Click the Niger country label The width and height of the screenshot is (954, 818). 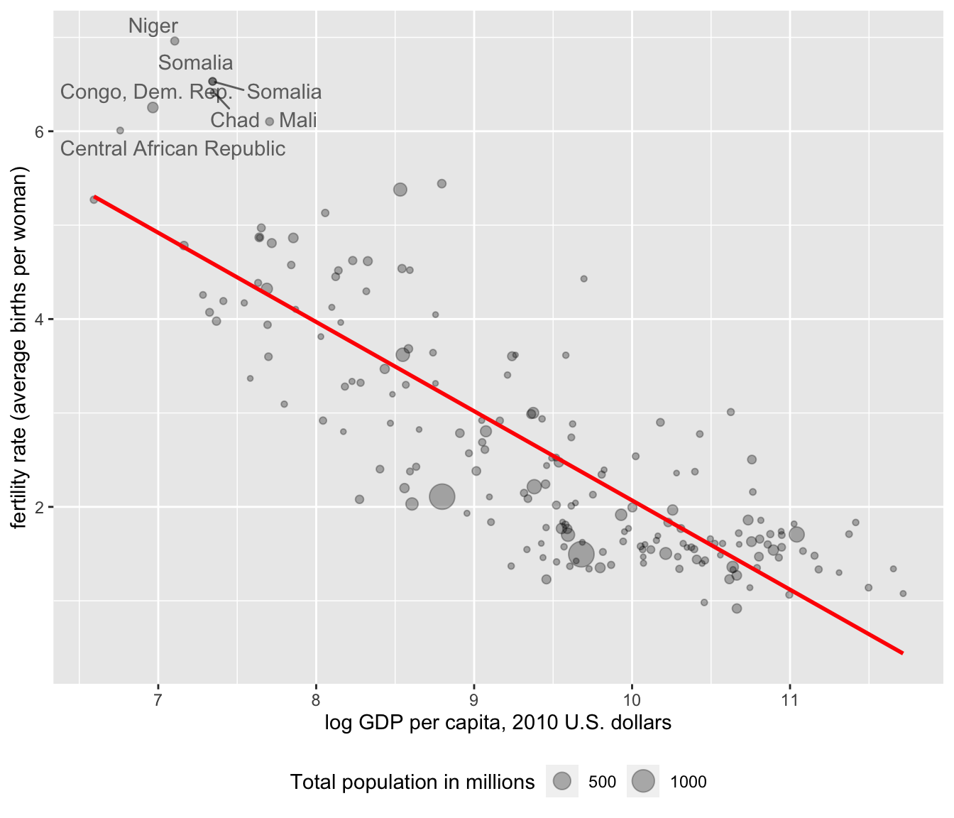pyautogui.click(x=153, y=26)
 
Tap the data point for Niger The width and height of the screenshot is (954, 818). pyautogui.click(x=175, y=41)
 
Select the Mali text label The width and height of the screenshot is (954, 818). pyautogui.click(x=298, y=121)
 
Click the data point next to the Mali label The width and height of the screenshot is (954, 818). pyautogui.click(x=270, y=122)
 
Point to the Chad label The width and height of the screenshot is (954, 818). pyautogui.click(x=235, y=121)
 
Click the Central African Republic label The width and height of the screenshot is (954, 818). pyautogui.click(x=172, y=149)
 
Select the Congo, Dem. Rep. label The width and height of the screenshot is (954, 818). pyautogui.click(x=146, y=92)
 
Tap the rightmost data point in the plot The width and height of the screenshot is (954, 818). pyautogui.click(x=903, y=594)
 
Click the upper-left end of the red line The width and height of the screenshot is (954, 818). pyautogui.click(x=94, y=197)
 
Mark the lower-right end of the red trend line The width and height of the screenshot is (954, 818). pyautogui.click(x=902, y=653)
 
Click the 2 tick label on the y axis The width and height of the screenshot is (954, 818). pyautogui.click(x=40, y=507)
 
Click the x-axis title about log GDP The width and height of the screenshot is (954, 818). pyautogui.click(x=498, y=723)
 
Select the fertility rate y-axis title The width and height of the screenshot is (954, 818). pyautogui.click(x=19, y=348)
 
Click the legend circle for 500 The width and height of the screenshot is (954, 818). pyautogui.click(x=562, y=782)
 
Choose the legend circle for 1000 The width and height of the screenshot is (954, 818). pyautogui.click(x=643, y=782)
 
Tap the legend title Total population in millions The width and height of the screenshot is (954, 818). pyautogui.click(x=412, y=782)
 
